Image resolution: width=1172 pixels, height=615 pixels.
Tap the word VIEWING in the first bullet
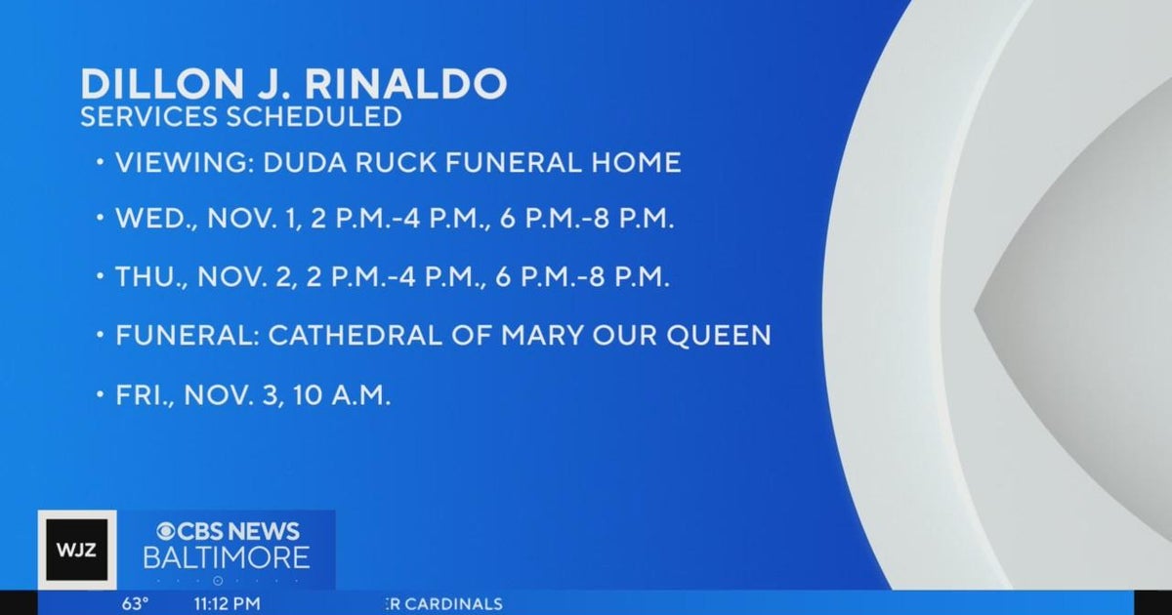184,163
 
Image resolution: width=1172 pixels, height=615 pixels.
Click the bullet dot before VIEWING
101,163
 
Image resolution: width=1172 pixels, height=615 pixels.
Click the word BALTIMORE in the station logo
227,558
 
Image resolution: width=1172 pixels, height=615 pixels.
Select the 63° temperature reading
135,603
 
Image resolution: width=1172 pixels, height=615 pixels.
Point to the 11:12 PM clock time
228,603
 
